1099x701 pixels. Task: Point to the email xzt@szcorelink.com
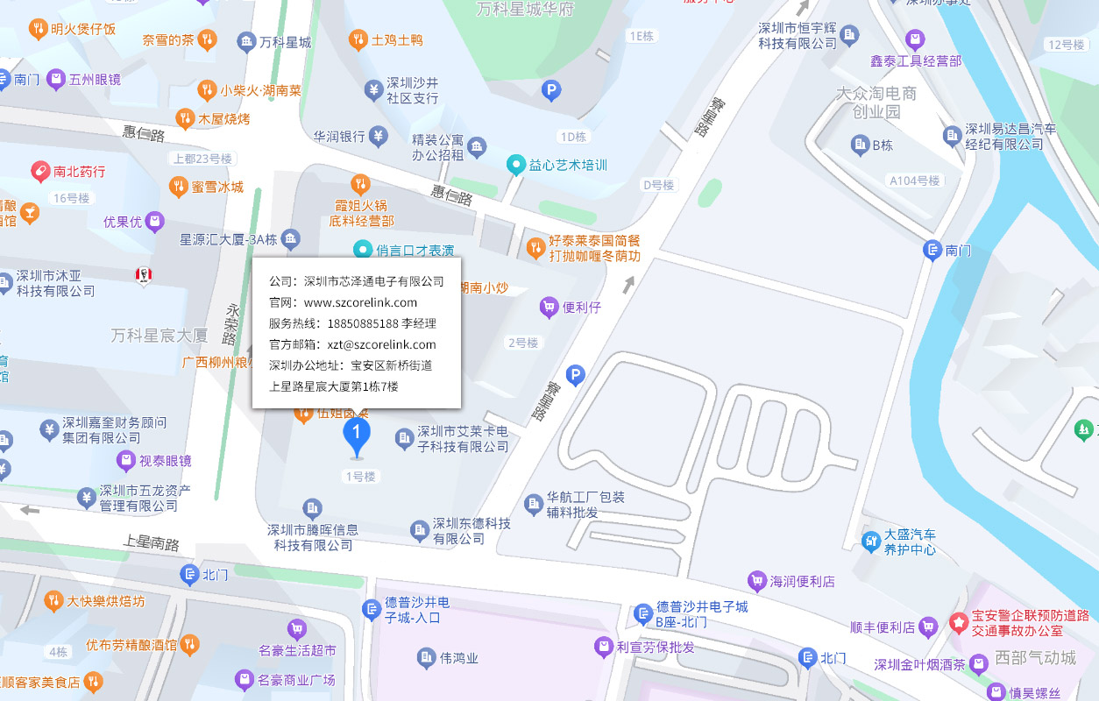[381, 344]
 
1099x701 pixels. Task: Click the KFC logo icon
[143, 275]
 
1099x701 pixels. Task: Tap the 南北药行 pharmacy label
[79, 171]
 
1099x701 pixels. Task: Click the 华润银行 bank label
[340, 136]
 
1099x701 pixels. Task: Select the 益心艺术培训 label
[568, 165]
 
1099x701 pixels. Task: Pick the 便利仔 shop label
[581, 307]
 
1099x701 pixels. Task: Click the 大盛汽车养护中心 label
[909, 542]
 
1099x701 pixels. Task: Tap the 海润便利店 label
[802, 581]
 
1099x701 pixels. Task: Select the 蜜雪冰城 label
[217, 187]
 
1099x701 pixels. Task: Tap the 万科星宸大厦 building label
[160, 336]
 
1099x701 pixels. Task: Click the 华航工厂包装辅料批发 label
[585, 504]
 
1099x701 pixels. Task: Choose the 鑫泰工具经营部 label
[915, 60]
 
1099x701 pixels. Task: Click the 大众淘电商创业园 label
[876, 102]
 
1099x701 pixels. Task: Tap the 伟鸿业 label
[458, 657]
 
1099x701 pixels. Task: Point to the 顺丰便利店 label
[883, 627]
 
